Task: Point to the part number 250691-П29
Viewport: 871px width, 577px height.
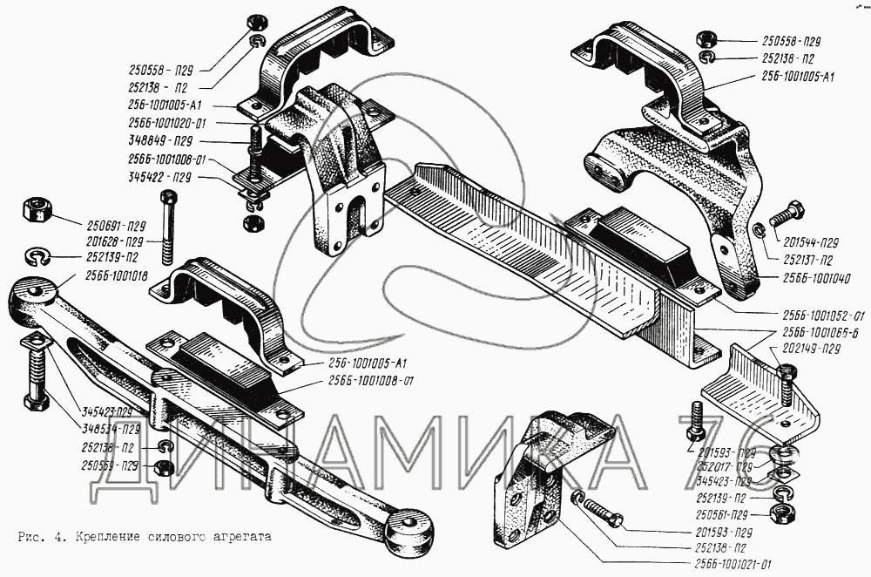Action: point(117,225)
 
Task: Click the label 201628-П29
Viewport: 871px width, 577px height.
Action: point(117,241)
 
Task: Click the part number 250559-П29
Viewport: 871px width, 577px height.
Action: point(110,465)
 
